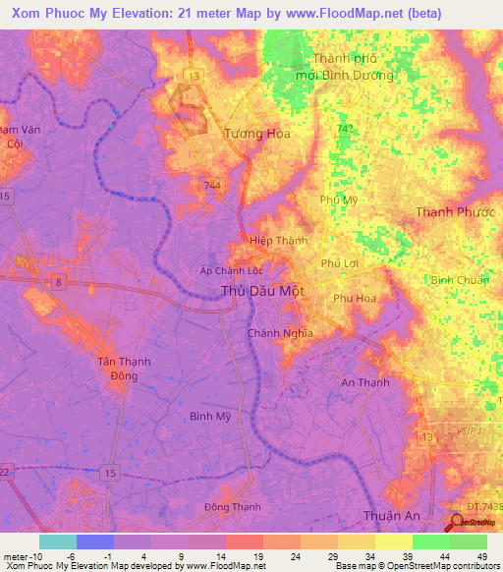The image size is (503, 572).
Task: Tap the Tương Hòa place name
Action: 258,134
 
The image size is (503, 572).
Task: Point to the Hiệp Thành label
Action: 278,241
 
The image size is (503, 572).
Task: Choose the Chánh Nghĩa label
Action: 280,333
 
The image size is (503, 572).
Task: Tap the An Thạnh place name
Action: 364,383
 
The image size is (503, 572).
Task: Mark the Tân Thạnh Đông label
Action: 124,369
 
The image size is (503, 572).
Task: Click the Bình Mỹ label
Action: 210,416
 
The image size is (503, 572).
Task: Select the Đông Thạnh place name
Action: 228,507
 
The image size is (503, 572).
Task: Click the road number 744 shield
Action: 213,185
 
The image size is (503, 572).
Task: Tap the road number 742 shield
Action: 343,129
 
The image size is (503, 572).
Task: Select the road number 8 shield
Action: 59,283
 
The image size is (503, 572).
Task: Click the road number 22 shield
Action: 5,472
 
